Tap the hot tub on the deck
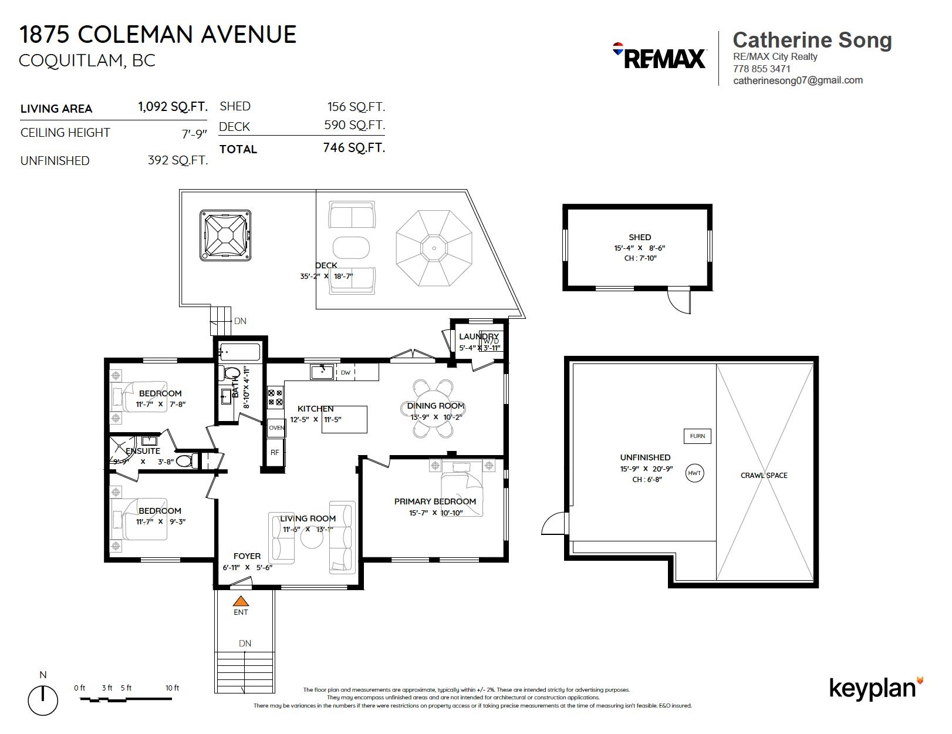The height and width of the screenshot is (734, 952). point(225,235)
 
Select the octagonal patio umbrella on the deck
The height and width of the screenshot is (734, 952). point(434,248)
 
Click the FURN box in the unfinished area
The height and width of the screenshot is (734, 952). point(697,436)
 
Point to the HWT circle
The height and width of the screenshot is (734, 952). point(694,473)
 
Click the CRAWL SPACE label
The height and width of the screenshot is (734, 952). point(764,476)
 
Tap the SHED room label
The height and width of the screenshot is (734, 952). point(640,237)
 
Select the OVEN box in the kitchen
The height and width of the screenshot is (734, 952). point(276,427)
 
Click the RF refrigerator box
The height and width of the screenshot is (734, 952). point(275,452)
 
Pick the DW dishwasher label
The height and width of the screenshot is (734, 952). point(345,372)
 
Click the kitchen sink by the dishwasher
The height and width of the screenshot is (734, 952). point(322,372)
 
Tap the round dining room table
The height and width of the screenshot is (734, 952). point(433,409)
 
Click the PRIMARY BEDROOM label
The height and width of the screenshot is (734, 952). point(434,501)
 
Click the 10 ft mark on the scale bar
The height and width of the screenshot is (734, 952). point(172,688)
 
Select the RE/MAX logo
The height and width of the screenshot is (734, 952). point(659,56)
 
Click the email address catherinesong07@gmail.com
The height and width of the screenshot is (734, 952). point(798,80)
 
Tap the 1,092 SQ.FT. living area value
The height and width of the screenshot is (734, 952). point(173,106)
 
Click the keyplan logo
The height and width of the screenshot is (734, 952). point(877,688)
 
